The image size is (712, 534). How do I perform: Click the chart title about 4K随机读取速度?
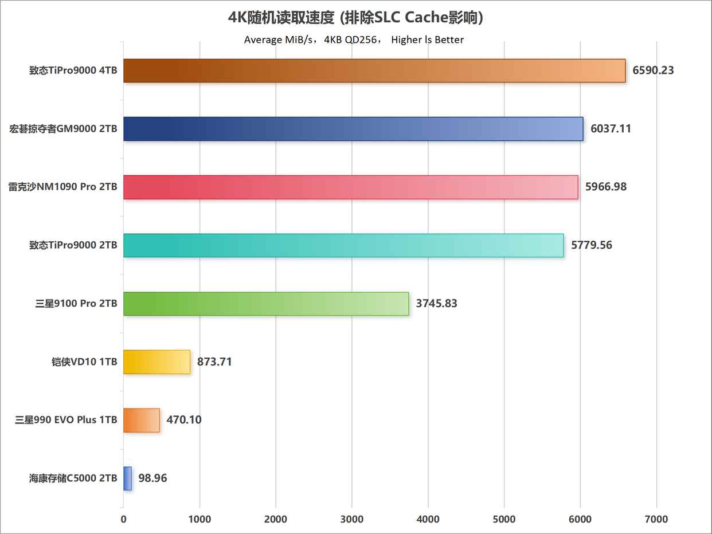tap(355, 18)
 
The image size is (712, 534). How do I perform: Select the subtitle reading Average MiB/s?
tap(354, 40)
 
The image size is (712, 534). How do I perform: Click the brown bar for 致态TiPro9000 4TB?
tap(374, 70)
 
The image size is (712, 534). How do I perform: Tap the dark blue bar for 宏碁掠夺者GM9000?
tap(353, 129)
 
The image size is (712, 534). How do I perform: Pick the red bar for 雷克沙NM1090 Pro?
tap(350, 187)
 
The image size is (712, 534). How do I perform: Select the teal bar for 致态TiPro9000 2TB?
tap(343, 245)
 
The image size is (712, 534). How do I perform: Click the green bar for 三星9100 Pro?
tap(265, 304)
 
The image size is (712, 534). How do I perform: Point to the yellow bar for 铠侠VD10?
tap(157, 362)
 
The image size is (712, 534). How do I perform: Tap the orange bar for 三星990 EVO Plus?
tap(141, 420)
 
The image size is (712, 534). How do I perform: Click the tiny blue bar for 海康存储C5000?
tap(127, 478)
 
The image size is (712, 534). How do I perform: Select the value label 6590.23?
tap(653, 70)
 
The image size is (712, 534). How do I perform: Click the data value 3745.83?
tap(436, 304)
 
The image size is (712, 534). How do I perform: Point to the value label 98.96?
tap(152, 478)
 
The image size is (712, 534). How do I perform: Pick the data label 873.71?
tap(214, 362)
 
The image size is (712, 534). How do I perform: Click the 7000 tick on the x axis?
tap(656, 519)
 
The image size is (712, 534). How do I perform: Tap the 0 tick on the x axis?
tap(123, 519)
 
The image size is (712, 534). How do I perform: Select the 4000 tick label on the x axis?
tap(428, 519)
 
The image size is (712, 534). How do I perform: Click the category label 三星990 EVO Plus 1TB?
tap(66, 420)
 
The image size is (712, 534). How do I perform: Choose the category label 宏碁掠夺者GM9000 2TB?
tap(63, 129)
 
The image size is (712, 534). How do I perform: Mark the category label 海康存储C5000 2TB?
tap(73, 478)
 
